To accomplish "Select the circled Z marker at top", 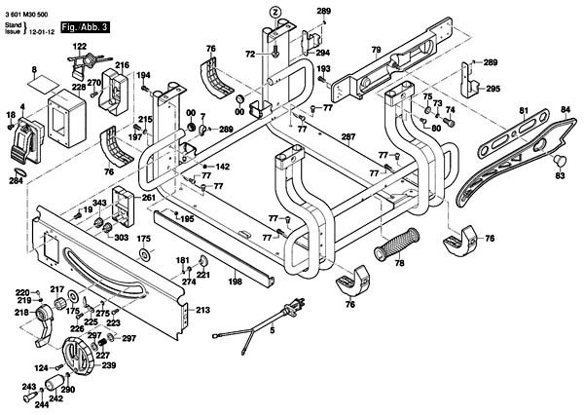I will coord(275,11).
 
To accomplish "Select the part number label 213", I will coord(202,310).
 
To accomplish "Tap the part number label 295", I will coord(493,89).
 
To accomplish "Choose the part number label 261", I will coord(148,198).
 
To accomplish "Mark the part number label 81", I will coord(523,110).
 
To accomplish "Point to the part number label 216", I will coord(122,65).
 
